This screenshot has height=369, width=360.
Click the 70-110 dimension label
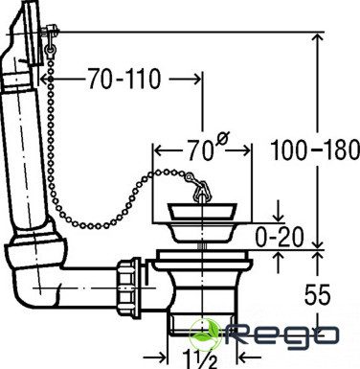pos(124,79)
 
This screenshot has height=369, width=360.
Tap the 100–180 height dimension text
pos(315,150)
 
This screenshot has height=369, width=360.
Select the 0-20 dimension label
pos(280,237)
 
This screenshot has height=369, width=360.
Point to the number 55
pos(317,294)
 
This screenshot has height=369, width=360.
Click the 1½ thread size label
pos(200,359)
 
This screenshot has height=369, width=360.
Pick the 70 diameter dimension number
pos(200,150)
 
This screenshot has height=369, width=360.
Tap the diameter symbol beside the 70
pos(223,138)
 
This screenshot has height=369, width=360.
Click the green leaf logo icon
pos(205,334)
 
